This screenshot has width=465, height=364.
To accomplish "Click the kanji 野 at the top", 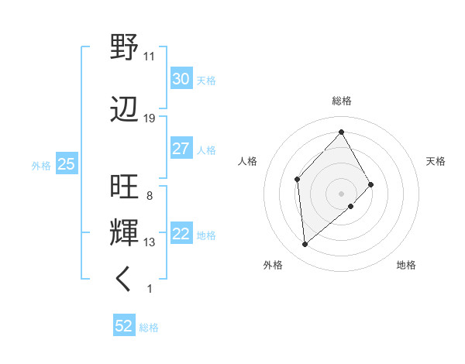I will [124, 47].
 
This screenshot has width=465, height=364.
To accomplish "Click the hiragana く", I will [124, 280].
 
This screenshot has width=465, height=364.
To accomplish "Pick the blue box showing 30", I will [181, 78].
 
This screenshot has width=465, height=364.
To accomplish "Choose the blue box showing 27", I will [181, 149].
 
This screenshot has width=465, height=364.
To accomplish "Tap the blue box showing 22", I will [181, 235].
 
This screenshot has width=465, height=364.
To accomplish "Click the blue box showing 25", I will [66, 164].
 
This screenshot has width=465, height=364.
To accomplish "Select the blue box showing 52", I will [124, 326].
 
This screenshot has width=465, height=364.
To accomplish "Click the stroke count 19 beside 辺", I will [150, 118].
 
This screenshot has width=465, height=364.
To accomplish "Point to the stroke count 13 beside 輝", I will [150, 242].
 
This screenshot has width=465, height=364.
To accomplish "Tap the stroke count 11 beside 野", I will [150, 56].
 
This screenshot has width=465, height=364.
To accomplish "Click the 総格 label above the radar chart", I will [342, 101].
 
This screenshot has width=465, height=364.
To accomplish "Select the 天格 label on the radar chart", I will [436, 161].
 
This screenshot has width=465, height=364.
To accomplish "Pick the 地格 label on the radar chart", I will [406, 265].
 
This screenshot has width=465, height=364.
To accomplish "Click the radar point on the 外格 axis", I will [305, 245].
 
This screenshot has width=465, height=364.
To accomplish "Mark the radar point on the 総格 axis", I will [341, 132].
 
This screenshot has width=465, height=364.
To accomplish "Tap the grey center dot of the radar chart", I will [341, 192].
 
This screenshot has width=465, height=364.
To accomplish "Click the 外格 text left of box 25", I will [41, 165].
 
